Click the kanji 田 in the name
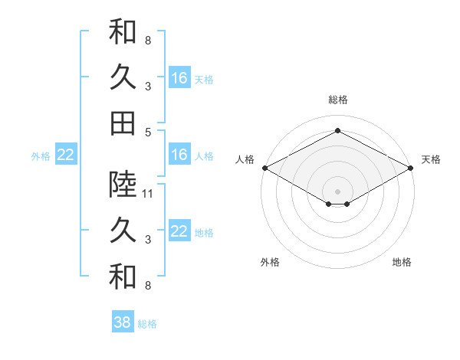[122, 123]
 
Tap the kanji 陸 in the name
[122, 183]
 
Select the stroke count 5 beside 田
[147, 132]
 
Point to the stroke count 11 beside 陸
[149, 193]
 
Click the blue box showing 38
[123, 322]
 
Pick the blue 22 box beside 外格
[65, 155]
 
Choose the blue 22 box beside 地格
[179, 232]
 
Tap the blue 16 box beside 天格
[179, 78]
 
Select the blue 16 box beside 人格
[179, 155]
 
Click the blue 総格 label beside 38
[147, 324]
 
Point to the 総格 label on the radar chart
[337, 100]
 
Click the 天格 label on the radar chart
[432, 159]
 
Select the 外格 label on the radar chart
[270, 262]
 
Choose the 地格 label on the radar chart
[402, 262]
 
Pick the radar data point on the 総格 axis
[337, 130]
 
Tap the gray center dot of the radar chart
[337, 191]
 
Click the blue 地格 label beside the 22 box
[204, 233]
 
